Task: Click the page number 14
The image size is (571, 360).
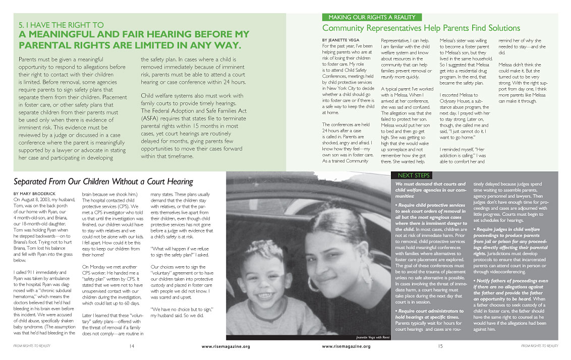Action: click(131, 346)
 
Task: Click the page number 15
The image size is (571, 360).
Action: click(440, 346)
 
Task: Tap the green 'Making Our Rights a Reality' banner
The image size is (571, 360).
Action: click(372, 17)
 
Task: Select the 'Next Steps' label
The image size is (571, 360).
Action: click(413, 175)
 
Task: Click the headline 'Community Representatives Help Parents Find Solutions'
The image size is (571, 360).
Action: click(421, 28)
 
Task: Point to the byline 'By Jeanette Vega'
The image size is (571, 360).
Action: click(341, 40)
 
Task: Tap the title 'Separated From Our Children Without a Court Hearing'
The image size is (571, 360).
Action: click(103, 182)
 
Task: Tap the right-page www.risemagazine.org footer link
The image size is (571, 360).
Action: click(346, 346)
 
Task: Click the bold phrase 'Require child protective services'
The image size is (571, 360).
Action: click(431, 205)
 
